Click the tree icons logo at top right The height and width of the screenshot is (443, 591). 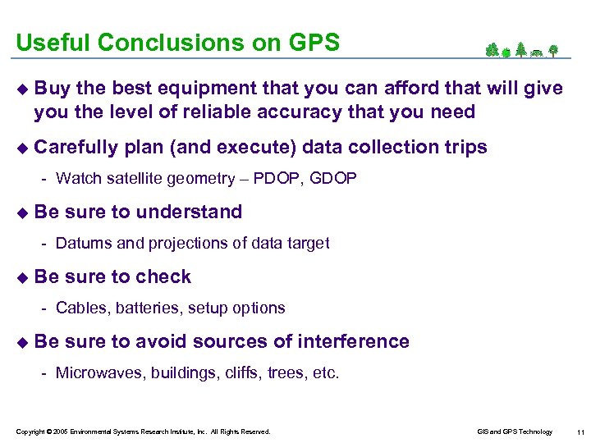(522, 50)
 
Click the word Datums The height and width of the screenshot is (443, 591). (82, 243)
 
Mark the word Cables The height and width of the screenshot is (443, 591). (80, 308)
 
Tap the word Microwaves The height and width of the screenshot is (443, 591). (96, 372)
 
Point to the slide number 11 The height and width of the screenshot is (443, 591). (580, 432)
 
